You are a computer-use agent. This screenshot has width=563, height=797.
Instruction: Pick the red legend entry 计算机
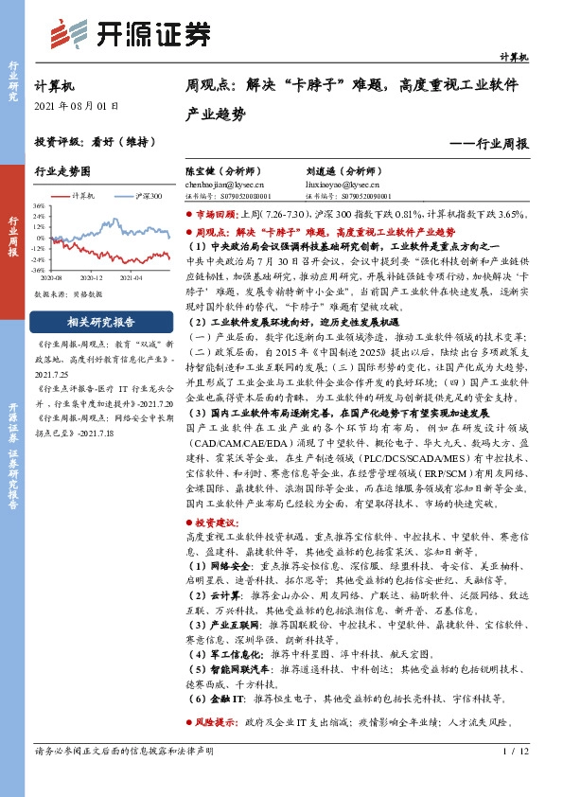[85, 196]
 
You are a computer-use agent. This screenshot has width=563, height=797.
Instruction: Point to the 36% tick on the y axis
[40, 205]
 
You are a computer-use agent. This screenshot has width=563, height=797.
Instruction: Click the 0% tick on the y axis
[42, 237]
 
